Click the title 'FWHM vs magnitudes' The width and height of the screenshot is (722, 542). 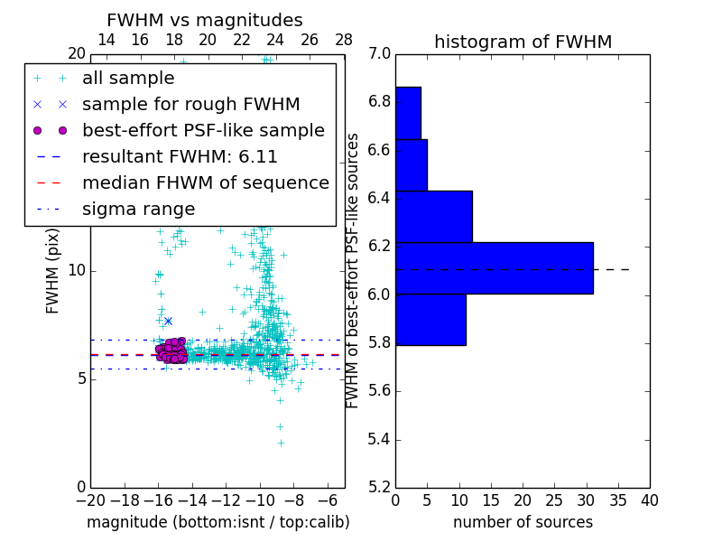205,21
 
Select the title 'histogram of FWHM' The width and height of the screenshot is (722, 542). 523,42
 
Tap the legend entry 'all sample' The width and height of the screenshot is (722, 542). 128,79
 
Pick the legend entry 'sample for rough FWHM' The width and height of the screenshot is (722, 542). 190,104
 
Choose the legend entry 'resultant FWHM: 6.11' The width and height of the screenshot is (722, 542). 180,156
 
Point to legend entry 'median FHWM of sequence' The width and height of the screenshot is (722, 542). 205,182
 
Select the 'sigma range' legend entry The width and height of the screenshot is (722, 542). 138,209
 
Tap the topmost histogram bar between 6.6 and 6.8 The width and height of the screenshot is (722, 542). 408,113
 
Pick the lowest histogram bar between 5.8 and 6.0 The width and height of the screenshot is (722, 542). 430,320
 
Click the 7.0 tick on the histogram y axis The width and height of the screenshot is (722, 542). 379,53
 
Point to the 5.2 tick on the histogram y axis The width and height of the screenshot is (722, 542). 379,488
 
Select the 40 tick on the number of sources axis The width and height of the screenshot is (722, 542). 649,500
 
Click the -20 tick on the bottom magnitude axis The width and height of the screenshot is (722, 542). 90,500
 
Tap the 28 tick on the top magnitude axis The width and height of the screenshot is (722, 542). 344,40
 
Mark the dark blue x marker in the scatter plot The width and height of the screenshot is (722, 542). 168,321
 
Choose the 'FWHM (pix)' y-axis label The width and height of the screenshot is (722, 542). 53,271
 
